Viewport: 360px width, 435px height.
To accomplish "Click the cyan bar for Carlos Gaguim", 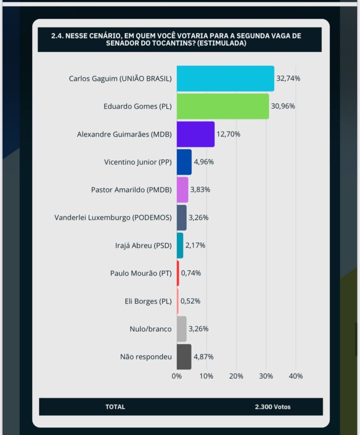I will click(x=225, y=79).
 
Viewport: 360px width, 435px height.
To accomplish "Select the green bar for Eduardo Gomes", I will click(x=223, y=106).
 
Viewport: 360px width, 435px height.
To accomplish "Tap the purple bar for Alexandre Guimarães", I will click(x=196, y=134).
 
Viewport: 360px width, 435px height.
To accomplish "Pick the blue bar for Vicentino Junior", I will click(x=184, y=162).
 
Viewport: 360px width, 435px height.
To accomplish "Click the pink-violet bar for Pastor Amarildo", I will click(x=182, y=190).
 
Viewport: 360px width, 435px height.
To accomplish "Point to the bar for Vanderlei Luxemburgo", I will click(x=181, y=217).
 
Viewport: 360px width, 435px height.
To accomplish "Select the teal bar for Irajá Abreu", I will click(x=180, y=246).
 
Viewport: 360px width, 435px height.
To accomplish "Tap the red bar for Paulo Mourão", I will click(x=178, y=273).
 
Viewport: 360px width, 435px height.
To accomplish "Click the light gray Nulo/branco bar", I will click(x=181, y=329).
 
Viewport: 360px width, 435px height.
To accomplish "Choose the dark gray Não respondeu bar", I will click(x=184, y=357).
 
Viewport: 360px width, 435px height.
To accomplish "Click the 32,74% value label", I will click(x=288, y=79).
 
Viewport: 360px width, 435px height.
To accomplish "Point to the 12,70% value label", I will click(x=228, y=134).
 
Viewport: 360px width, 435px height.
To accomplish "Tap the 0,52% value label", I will click(x=191, y=301).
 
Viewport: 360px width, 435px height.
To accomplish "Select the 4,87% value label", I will click(x=204, y=357).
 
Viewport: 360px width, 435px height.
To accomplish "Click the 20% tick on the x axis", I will click(x=236, y=376).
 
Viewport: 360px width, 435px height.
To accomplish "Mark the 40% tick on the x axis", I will click(x=296, y=376).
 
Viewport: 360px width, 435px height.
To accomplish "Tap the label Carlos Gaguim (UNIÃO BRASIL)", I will click(x=120, y=79).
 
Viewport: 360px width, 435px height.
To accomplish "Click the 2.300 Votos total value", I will click(x=273, y=407).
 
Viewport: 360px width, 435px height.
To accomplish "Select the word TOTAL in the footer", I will click(x=115, y=407).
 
